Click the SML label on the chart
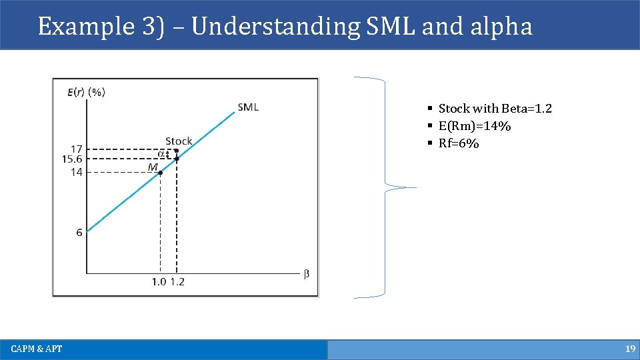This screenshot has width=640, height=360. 248,107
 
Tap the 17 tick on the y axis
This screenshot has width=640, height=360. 76,149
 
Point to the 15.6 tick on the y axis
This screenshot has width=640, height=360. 71,159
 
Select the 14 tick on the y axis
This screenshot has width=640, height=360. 76,172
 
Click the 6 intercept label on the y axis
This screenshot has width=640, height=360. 79,233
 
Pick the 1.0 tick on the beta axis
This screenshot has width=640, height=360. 159,282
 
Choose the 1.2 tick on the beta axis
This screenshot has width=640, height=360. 177,282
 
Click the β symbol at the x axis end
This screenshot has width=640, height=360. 307,274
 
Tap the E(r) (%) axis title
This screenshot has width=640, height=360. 86,93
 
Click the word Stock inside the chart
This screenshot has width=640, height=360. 179,141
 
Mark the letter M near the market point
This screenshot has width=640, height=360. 153,167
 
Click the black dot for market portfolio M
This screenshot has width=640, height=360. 160,173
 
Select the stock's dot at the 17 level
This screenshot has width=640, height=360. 176,150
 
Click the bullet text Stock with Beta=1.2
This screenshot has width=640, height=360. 495,109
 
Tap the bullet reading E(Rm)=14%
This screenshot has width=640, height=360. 474,126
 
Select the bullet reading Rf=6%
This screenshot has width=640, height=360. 459,143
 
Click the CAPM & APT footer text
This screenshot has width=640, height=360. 37,349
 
